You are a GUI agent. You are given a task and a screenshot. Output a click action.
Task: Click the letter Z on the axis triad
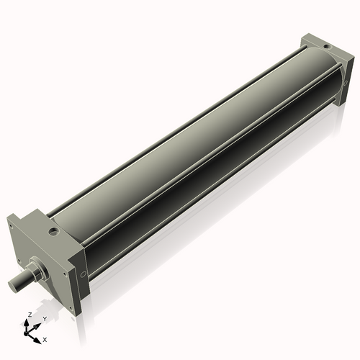(x=30, y=315)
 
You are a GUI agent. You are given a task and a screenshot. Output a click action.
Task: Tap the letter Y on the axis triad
(x=45, y=319)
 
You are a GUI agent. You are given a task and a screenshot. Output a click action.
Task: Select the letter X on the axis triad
(x=45, y=340)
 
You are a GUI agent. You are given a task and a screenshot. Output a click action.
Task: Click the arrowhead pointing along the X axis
(x=37, y=341)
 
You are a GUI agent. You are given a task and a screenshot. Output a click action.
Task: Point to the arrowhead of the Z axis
(x=26, y=323)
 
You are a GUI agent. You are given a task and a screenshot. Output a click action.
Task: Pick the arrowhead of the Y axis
(x=37, y=326)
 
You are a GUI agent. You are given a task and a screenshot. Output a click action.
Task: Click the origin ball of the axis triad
(x=26, y=334)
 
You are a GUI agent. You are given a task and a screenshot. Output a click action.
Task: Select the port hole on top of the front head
(x=53, y=232)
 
